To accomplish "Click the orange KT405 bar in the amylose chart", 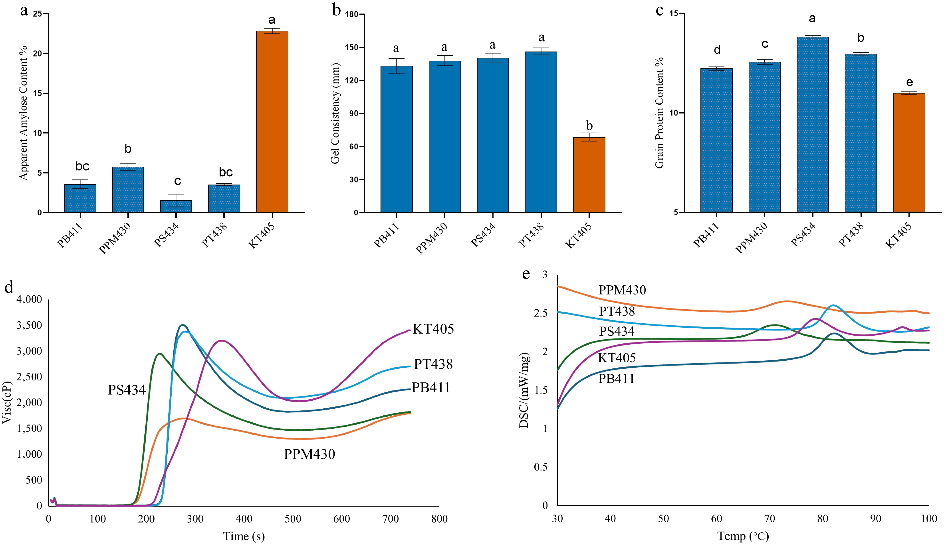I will tap(272, 122).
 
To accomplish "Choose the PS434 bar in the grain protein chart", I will tap(813, 124).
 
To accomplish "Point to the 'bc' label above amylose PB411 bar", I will tap(82, 166).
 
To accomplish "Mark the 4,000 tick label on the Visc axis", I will tap(29, 299).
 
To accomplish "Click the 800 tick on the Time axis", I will tap(439, 519).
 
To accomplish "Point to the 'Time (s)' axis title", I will tap(244, 536).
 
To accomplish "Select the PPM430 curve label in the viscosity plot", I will tap(309, 454).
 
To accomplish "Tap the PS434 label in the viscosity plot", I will tap(127, 390).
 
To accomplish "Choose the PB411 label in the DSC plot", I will tap(616, 379).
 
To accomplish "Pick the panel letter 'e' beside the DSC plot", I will tap(526, 274).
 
